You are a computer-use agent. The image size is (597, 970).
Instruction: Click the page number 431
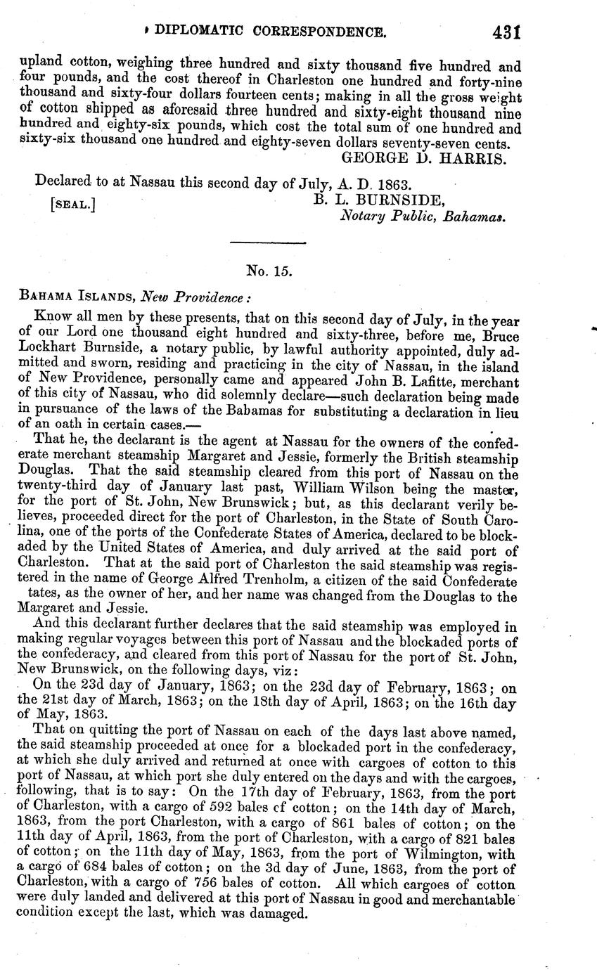(x=506, y=32)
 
